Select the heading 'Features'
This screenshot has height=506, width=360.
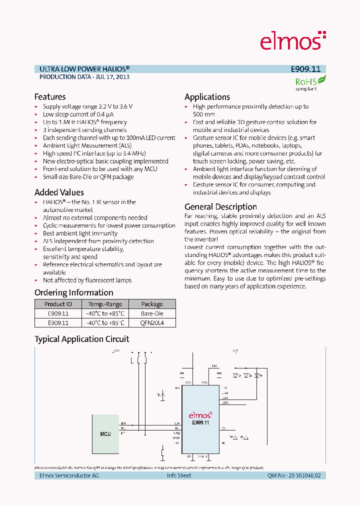click(50, 97)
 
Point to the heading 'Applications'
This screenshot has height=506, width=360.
click(207, 97)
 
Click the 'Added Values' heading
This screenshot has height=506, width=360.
click(59, 192)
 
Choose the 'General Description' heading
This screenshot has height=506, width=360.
click(220, 207)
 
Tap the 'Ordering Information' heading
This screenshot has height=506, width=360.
click(73, 293)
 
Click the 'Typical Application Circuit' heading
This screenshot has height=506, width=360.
click(81, 339)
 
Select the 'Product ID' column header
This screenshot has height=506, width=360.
click(58, 304)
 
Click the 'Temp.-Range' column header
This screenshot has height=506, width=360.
click(105, 304)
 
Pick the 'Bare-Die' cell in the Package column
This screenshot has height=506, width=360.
click(152, 313)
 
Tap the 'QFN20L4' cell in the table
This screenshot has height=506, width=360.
click(152, 323)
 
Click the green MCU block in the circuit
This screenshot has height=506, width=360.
click(105, 433)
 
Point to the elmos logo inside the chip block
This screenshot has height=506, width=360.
click(200, 415)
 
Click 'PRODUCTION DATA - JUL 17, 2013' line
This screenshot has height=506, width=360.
click(84, 77)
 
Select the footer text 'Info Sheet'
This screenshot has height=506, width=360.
click(179, 475)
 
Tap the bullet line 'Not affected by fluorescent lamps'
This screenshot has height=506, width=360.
click(87, 280)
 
